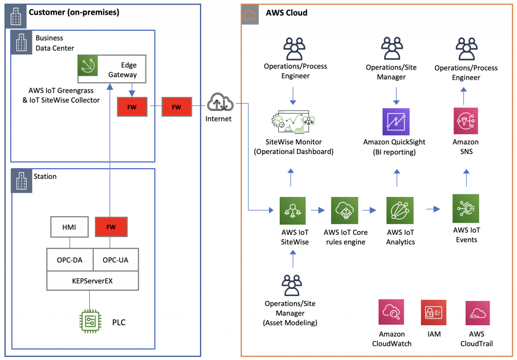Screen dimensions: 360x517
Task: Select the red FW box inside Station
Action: pos(111,227)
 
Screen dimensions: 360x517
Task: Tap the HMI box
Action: pos(69,227)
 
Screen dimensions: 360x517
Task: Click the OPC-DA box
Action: pos(70,260)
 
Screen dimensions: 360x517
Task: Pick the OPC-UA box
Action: pos(116,260)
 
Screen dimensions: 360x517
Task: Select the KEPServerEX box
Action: pos(92,281)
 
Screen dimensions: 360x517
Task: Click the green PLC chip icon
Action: pos(90,322)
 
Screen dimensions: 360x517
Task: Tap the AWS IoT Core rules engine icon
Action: pos(345,211)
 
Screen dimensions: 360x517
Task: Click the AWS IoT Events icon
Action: pos(466,209)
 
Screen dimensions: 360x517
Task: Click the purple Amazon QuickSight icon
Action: pos(396,121)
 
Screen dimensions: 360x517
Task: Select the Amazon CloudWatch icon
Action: pos(392,313)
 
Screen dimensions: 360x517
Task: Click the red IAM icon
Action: pos(434,313)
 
